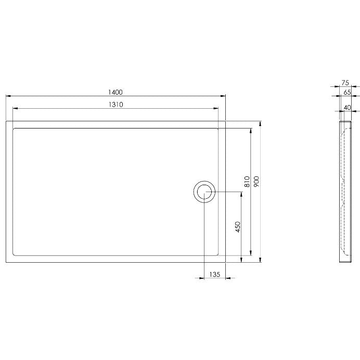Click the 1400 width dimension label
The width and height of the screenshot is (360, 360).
115,92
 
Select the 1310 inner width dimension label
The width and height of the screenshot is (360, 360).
115,105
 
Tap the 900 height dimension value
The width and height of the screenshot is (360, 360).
256,182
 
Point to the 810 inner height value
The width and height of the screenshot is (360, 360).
247,182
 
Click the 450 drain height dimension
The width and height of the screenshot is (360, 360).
238,227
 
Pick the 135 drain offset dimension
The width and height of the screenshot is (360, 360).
215,274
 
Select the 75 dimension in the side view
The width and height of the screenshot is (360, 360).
345,83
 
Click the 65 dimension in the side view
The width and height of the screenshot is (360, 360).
347,92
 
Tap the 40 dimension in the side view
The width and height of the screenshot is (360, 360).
348,108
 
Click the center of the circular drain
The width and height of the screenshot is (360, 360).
204,192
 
